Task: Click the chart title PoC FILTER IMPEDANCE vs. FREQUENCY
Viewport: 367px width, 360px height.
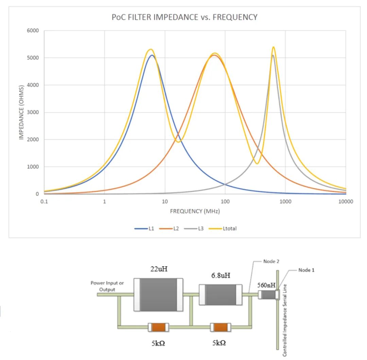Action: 185,17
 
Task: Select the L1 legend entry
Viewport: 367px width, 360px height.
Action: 144,229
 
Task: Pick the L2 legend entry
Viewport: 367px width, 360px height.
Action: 169,229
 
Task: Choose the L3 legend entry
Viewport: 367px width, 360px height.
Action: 194,229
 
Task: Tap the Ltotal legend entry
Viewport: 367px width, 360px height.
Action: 223,229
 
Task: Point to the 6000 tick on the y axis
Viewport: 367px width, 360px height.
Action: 33,31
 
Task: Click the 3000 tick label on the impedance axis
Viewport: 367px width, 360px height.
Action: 33,112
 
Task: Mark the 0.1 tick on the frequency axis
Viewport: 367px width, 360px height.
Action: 44,201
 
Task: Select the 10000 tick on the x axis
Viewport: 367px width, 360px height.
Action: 346,201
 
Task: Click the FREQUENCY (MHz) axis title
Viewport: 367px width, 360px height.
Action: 195,211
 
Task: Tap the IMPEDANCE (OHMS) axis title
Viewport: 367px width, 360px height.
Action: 21,113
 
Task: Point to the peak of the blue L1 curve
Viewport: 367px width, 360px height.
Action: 152,55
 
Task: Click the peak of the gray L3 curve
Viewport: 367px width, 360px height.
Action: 273,55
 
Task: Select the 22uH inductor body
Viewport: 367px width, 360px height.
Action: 158,295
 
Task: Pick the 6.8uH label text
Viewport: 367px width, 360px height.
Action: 221,275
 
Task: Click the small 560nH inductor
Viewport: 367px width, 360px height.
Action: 269,295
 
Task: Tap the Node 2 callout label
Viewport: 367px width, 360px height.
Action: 271,261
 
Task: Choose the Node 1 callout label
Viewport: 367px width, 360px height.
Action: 307,270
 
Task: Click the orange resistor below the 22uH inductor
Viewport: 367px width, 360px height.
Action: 158,327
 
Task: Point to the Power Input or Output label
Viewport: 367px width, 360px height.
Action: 107,286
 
